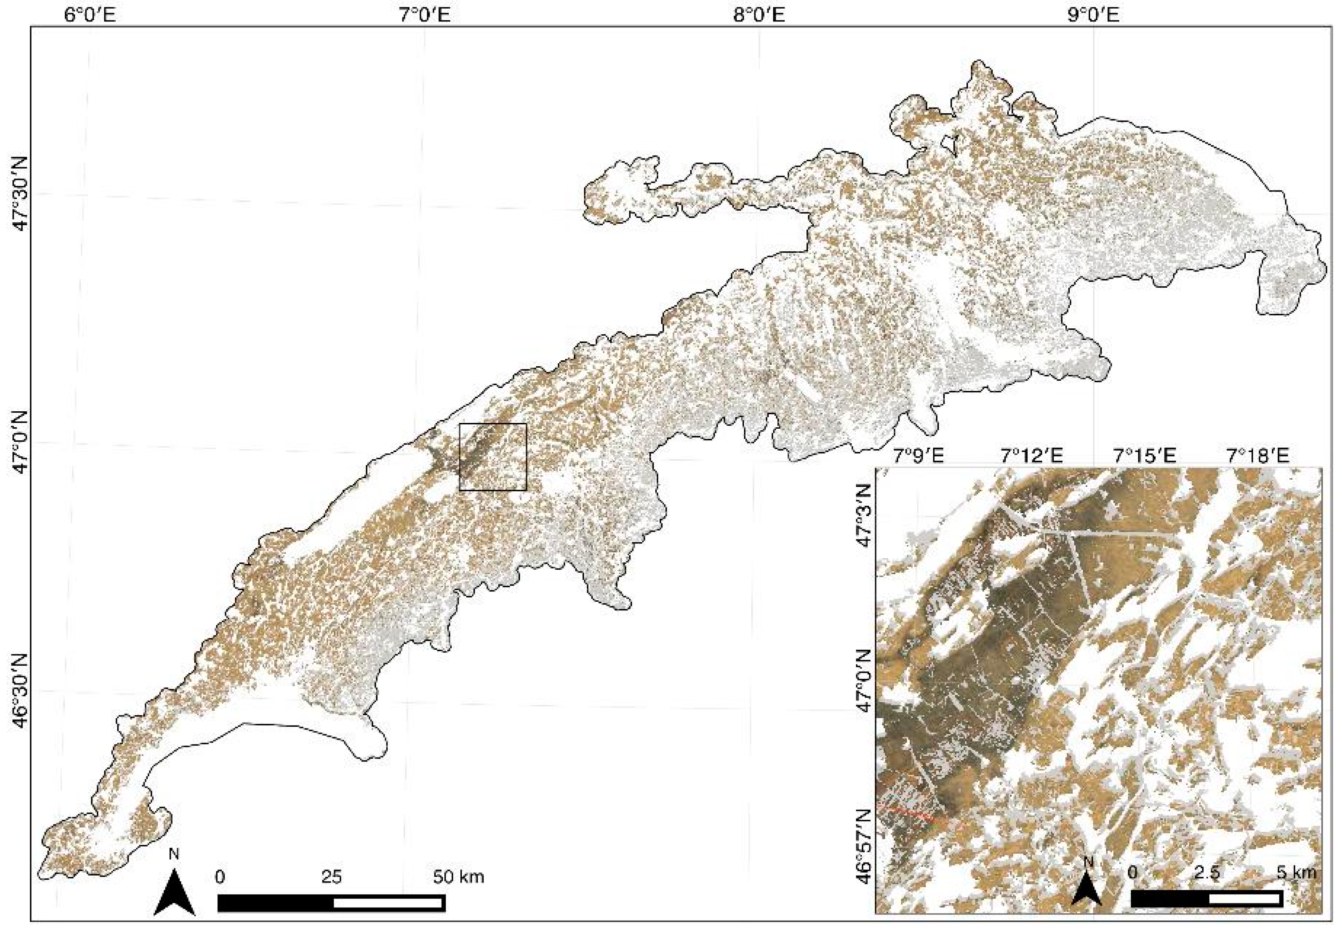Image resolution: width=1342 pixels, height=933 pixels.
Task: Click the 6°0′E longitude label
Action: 90,14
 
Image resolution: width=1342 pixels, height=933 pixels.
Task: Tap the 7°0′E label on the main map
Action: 425,14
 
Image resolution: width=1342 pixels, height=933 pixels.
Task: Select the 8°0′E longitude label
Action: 759,14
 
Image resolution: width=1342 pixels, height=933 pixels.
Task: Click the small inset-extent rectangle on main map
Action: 493,457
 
